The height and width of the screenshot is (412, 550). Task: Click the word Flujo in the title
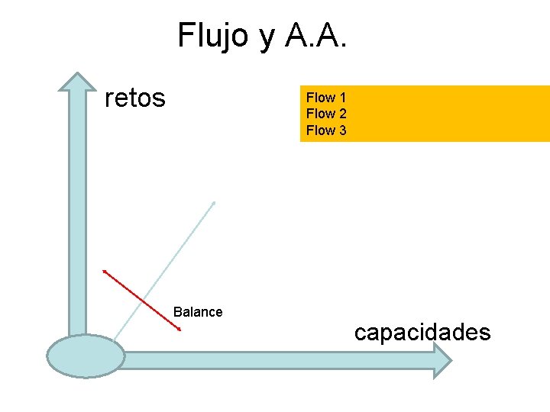coord(214,36)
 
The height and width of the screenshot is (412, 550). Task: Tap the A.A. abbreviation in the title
coord(315,36)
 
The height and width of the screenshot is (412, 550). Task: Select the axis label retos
coord(134,98)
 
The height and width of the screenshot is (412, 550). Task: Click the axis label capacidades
coord(422,333)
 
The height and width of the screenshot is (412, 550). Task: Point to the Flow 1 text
coord(326,98)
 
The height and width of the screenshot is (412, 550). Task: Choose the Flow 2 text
coord(326,114)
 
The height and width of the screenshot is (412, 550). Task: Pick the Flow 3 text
coord(326,130)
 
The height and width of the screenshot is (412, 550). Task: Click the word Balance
coord(198,311)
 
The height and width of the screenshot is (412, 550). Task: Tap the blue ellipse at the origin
coord(86,356)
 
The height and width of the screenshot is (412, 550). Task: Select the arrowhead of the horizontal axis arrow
coord(444,360)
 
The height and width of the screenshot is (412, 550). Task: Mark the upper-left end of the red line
coord(105,270)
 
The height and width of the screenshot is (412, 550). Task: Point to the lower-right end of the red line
coord(180,330)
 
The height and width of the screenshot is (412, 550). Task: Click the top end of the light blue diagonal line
coord(214,202)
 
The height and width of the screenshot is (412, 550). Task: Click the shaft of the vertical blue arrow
coord(77,214)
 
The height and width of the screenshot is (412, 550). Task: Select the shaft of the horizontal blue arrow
coord(275,360)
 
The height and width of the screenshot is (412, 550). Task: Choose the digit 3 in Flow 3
coord(342,130)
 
